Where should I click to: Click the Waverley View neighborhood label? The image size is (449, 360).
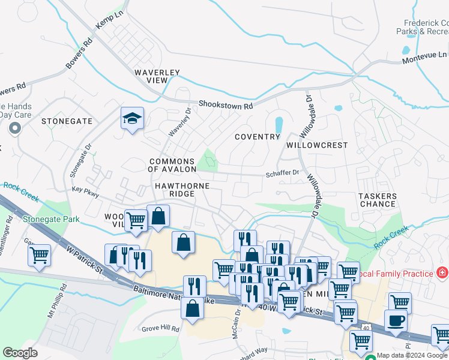[157, 76]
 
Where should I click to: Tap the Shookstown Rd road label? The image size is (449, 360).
[226, 106]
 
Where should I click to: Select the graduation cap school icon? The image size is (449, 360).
[132, 119]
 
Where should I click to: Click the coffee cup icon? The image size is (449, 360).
[396, 320]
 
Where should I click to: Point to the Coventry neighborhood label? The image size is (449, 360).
[258, 137]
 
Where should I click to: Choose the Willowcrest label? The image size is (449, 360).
[317, 145]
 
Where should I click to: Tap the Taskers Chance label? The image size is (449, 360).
[378, 200]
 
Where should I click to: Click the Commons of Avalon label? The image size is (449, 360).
[172, 166]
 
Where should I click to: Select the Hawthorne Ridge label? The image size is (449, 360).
[182, 186]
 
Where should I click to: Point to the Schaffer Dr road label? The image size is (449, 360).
[283, 173]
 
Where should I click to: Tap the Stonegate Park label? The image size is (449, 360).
[50, 220]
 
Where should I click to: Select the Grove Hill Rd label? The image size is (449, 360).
[160, 329]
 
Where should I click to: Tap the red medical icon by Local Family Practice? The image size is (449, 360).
[442, 274]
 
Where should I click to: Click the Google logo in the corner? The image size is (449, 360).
[20, 353]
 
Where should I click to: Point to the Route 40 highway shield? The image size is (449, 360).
[366, 328]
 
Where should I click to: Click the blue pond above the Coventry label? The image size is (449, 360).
[279, 124]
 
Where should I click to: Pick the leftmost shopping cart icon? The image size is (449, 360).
[39, 256]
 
